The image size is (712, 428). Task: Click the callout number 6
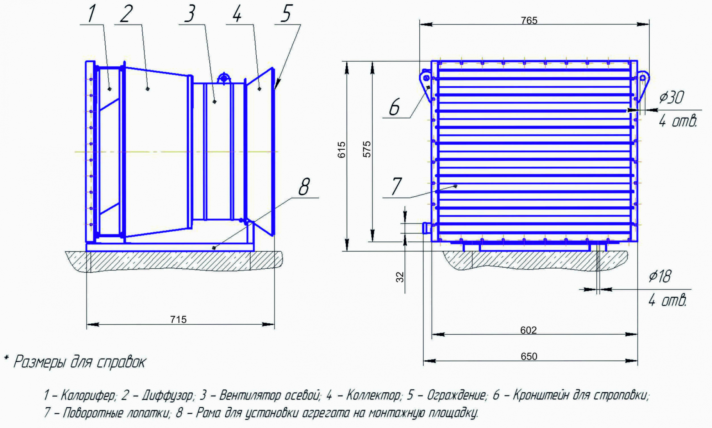click(x=394, y=107)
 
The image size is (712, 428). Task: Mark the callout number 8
click(x=304, y=186)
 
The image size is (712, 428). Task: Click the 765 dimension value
click(x=529, y=21)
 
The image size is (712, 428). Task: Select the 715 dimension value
click(x=178, y=319)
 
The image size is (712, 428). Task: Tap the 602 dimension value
click(x=528, y=330)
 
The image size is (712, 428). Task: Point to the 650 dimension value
click(x=529, y=356)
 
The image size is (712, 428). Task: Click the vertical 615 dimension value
click(x=341, y=150)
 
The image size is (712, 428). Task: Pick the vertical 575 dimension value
click(x=367, y=149)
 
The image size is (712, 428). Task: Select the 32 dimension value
click(x=400, y=277)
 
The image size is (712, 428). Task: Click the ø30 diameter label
click(x=671, y=97)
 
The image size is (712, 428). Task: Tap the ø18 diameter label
click(x=660, y=276)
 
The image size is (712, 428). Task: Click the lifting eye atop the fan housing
click(x=224, y=78)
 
